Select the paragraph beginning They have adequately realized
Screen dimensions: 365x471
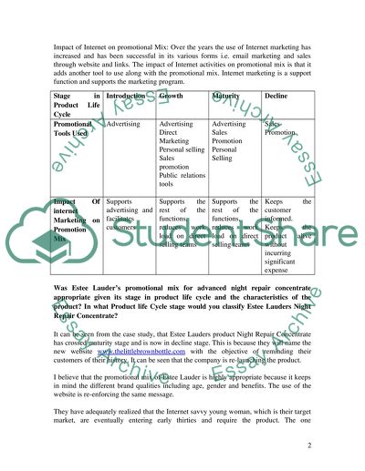182,418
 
